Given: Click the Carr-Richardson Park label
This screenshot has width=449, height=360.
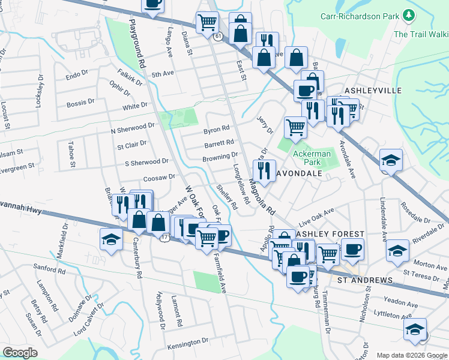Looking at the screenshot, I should tap(360, 16).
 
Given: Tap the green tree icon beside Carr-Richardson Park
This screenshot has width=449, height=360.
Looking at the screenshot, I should tap(409, 14).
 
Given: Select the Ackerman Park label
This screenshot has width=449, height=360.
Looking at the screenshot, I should tap(312, 158).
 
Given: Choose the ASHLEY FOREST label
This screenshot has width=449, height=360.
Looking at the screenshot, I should tap(328, 233).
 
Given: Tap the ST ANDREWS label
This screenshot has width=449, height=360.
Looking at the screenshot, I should tap(364, 280).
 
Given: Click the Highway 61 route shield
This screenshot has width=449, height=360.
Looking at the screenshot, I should tap(217, 37).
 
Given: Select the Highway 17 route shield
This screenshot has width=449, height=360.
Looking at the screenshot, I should tap(164, 238).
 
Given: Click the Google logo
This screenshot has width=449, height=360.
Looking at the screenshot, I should tap(20, 352).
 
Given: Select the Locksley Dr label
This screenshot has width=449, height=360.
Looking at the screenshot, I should tap(40, 90).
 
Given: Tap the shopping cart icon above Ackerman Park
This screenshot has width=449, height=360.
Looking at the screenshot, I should tap(295, 127).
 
